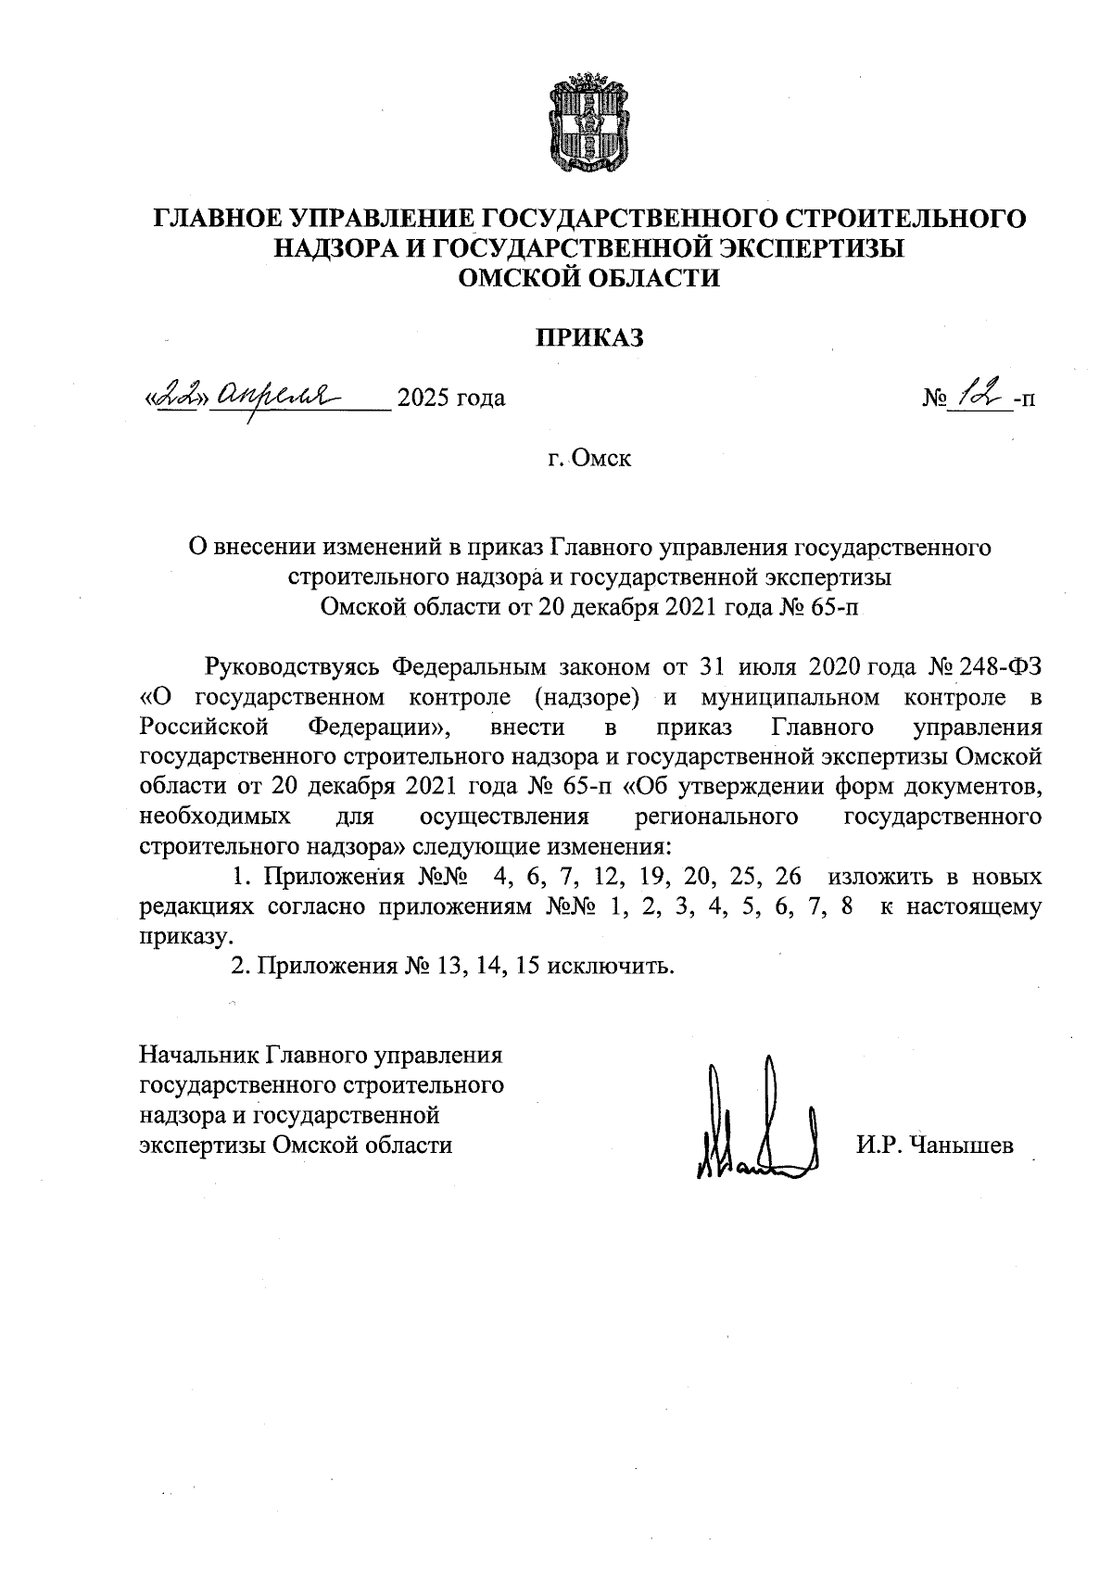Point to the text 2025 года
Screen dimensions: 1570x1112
pyautogui.click(x=451, y=399)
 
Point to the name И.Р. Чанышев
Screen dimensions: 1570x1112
pyautogui.click(x=935, y=1146)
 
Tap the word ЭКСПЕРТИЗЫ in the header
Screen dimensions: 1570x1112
pyautogui.click(x=813, y=248)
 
